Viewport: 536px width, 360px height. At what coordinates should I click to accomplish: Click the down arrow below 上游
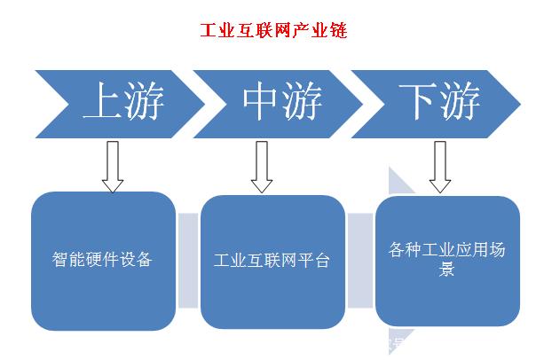[113, 166]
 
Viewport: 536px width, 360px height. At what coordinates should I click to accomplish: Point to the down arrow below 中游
[261, 166]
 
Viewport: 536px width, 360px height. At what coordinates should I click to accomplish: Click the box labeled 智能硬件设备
[103, 262]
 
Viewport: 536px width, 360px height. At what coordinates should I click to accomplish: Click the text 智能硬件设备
[103, 261]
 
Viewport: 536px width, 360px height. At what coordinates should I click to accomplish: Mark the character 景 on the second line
[447, 270]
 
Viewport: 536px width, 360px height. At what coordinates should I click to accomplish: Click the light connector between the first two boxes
[187, 262]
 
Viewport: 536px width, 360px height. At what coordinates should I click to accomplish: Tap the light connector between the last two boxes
[359, 262]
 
